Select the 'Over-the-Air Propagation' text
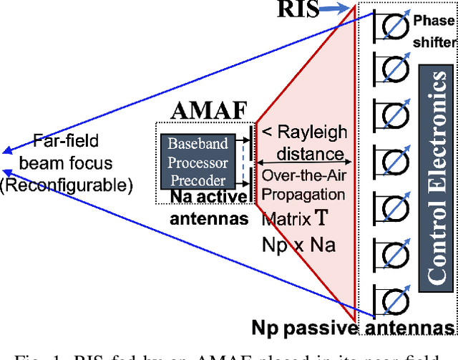305,184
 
